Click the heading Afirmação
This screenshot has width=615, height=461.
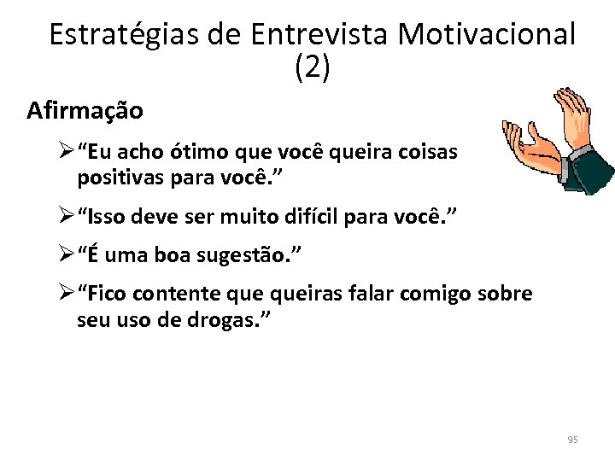click(85, 111)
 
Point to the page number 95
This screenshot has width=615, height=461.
click(572, 440)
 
